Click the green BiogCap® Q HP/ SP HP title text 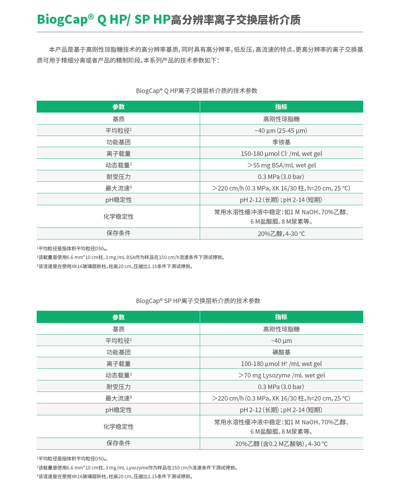103,19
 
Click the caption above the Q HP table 197,91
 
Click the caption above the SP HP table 198,301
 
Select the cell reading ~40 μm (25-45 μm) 281,130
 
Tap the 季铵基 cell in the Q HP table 281,142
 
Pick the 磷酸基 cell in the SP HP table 281,352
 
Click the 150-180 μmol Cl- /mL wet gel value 281,153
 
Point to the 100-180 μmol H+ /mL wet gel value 281,364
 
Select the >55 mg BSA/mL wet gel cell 281,165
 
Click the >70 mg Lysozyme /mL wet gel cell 281,375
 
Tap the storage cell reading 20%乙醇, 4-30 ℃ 281,234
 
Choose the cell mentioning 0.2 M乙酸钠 281,444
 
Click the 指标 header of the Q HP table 281,107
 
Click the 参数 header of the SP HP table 118,317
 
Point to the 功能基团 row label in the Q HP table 118,142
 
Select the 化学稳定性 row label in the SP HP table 118,426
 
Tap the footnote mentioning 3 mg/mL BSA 131,257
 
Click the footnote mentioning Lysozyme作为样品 138,468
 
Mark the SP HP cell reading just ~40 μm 281,340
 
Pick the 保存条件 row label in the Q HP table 118,233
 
